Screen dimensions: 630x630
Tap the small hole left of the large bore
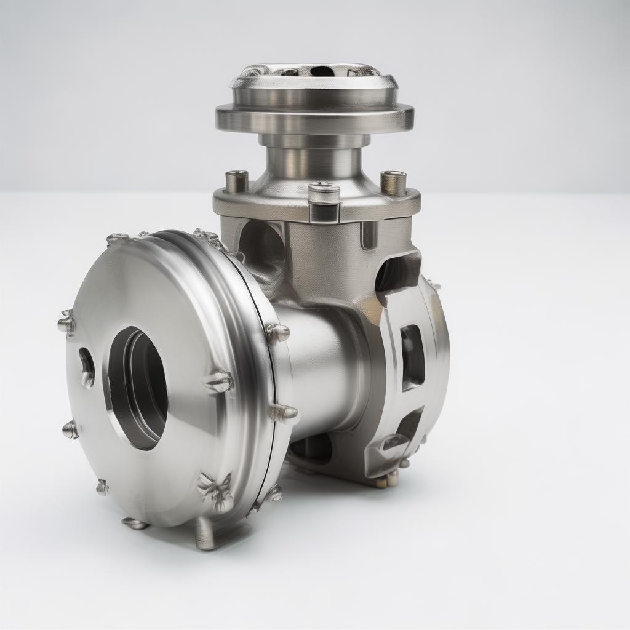click(87, 367)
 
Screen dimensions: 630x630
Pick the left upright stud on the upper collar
click(237, 181)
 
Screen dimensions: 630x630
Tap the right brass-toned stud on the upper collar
click(394, 183)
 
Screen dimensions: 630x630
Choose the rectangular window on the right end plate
click(412, 357)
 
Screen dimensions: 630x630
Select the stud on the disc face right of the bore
click(218, 382)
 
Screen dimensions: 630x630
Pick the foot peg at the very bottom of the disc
click(205, 533)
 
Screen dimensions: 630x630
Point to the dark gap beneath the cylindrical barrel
click(311, 449)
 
